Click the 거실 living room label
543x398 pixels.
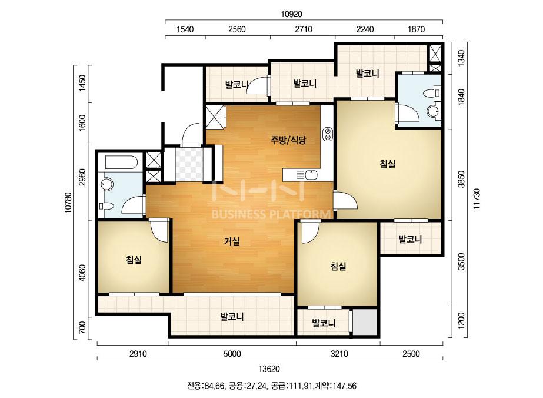click(x=232, y=241)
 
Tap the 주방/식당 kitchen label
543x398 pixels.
click(x=288, y=140)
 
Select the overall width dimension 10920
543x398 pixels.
click(x=291, y=14)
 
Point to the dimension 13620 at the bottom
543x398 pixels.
click(x=269, y=369)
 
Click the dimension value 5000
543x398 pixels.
click(x=232, y=354)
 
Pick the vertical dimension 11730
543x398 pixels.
click(x=477, y=198)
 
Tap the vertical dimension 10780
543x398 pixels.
click(x=68, y=203)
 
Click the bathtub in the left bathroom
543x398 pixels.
click(x=122, y=162)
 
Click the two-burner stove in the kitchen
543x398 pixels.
click(x=327, y=134)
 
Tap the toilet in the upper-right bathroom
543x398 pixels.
click(x=434, y=93)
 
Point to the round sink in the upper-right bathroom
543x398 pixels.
click(x=433, y=111)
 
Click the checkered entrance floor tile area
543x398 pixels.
click(x=189, y=164)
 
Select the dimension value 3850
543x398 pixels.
click(x=461, y=179)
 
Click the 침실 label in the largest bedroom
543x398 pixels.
click(x=388, y=164)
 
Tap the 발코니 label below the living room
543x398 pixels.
click(x=232, y=317)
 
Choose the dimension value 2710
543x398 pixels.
click(x=304, y=29)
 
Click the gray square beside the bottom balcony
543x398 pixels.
click(x=365, y=323)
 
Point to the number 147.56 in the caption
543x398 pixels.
click(x=345, y=386)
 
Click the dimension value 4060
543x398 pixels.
click(x=82, y=273)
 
